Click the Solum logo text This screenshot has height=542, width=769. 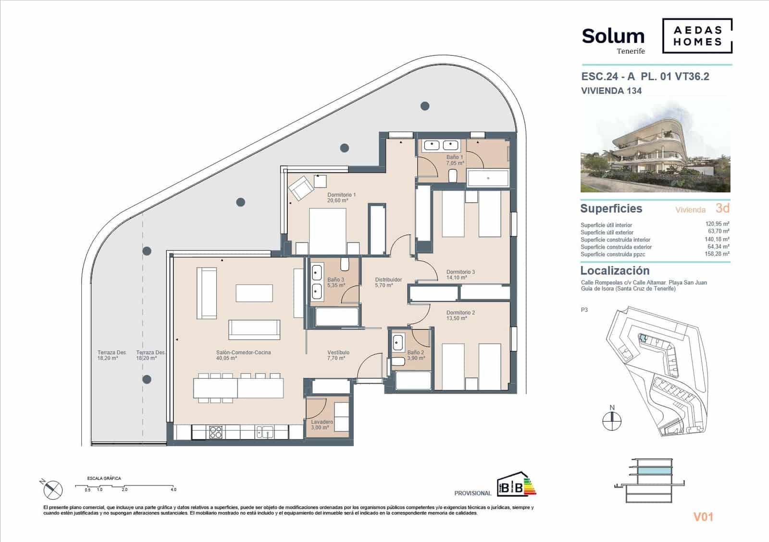point(613,37)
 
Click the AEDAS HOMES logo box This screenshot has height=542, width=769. point(697,36)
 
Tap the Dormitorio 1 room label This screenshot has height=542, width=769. point(341,197)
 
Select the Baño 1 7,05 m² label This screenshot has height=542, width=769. point(455,160)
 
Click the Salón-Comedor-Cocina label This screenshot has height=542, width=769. point(243,355)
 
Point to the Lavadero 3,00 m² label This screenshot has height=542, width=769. point(322,425)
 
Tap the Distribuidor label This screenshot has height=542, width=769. point(388,282)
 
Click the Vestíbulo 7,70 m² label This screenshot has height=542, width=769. point(338,355)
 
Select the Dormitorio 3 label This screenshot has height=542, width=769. point(460,274)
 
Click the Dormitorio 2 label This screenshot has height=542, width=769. point(460,315)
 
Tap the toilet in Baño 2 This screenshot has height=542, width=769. point(398,361)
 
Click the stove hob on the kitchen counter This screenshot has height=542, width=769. point(216,432)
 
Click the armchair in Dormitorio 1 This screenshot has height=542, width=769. point(300,188)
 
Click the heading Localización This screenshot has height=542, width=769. point(615,271)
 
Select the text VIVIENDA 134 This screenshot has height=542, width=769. point(611,90)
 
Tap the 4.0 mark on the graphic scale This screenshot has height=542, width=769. point(173,490)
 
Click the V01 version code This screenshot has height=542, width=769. point(703,517)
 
